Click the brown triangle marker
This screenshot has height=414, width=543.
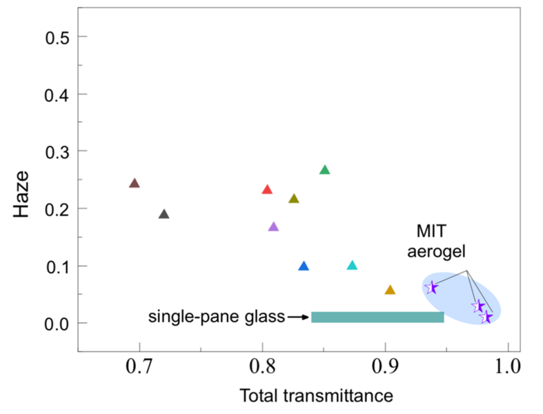click(x=135, y=184)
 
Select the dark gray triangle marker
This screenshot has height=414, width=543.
click(x=164, y=215)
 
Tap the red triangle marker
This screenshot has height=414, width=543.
click(x=268, y=190)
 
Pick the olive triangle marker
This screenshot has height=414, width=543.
click(x=294, y=199)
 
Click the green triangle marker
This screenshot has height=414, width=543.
click(x=325, y=170)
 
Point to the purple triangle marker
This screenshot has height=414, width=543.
click(x=273, y=227)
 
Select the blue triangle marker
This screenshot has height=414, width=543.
click(x=304, y=266)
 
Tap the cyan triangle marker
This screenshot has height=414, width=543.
click(x=353, y=266)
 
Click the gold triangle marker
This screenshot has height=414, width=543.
click(x=390, y=290)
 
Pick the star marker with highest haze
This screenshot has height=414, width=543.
click(x=432, y=288)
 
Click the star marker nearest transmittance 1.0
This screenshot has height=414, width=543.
click(x=487, y=317)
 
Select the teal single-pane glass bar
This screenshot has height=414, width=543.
click(x=377, y=317)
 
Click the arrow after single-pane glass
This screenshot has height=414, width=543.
click(x=298, y=317)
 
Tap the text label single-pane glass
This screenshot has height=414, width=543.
click(x=217, y=317)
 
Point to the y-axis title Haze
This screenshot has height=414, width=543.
click(x=23, y=195)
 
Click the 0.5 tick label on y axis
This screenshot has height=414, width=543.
click(x=57, y=37)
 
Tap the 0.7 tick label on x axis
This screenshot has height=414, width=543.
click(x=139, y=364)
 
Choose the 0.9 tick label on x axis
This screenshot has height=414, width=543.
click(x=385, y=364)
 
